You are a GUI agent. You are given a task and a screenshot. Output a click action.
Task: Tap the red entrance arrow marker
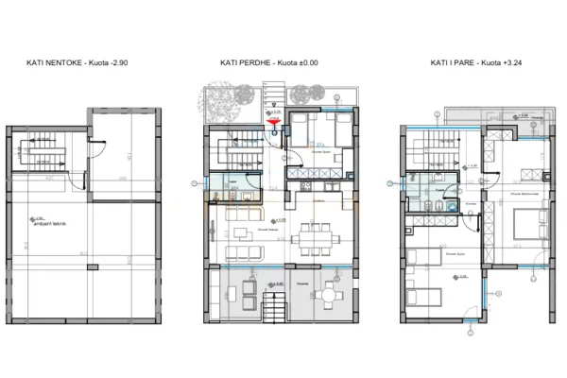274,120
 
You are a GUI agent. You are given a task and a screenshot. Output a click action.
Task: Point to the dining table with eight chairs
310,232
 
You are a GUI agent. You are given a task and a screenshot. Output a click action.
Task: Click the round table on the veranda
328,296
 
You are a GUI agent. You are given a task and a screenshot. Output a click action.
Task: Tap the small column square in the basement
93,267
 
